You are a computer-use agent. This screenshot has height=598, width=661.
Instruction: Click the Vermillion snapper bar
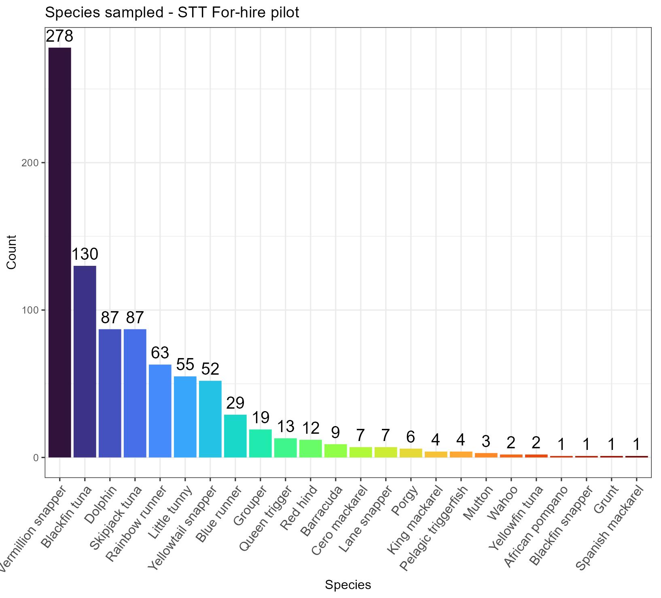(x=60, y=252)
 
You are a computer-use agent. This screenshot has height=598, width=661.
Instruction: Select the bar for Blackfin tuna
(x=85, y=362)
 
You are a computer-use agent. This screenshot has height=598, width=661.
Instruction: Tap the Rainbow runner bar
(x=160, y=411)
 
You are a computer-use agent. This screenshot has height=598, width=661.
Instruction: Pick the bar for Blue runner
(x=235, y=436)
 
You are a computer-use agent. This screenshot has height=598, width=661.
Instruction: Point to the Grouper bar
(x=261, y=443)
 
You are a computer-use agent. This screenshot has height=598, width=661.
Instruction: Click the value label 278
(x=59, y=36)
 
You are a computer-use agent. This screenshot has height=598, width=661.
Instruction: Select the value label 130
(x=85, y=254)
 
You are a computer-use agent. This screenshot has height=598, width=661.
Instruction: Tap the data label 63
(x=160, y=353)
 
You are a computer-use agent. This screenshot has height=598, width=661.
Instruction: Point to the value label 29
(x=235, y=403)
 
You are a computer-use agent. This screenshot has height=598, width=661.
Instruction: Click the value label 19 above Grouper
(x=261, y=418)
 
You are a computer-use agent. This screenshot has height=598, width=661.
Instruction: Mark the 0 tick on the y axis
(x=36, y=458)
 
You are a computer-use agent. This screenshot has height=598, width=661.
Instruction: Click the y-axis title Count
(x=11, y=252)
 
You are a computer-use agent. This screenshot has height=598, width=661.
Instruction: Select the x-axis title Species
(x=348, y=585)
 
